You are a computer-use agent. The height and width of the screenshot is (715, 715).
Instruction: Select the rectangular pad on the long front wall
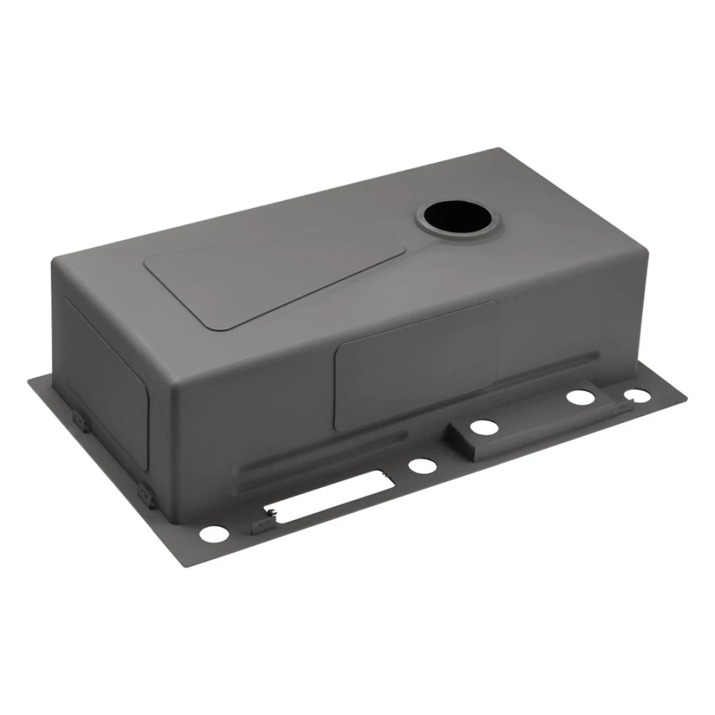pos(415,364)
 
